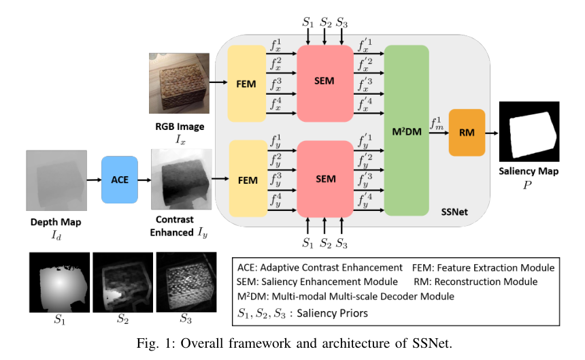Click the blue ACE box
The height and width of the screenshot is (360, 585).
click(120, 180)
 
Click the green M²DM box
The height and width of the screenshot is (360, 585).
click(406, 131)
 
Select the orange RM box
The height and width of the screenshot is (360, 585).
click(467, 133)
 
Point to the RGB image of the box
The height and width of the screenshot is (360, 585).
click(176, 84)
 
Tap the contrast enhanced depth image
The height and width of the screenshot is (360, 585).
click(180, 180)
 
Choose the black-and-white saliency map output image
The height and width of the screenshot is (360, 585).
click(529, 131)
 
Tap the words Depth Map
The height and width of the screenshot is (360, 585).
click(56, 223)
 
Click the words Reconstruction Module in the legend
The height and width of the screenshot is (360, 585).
click(475, 281)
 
